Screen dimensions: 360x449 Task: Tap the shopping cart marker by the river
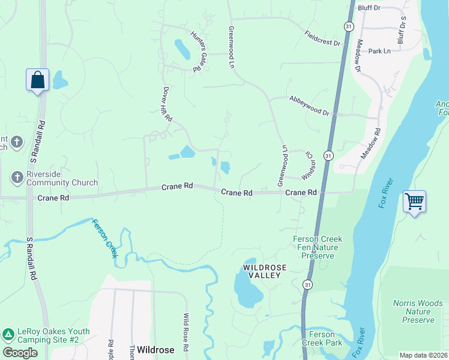click(415, 202)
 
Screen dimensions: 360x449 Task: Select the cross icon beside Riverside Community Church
click(17, 177)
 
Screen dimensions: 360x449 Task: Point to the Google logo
click(20, 353)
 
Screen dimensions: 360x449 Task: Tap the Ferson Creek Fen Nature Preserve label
click(318, 247)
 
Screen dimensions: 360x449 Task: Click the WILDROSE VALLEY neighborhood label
click(262, 271)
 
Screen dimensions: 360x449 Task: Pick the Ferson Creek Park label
click(325, 338)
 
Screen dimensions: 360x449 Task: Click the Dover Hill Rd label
click(167, 104)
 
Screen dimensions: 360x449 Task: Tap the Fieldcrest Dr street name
click(322, 39)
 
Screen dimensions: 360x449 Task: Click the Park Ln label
click(379, 52)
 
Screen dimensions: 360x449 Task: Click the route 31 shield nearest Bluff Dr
click(348, 26)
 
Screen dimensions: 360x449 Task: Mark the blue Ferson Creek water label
click(104, 238)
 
